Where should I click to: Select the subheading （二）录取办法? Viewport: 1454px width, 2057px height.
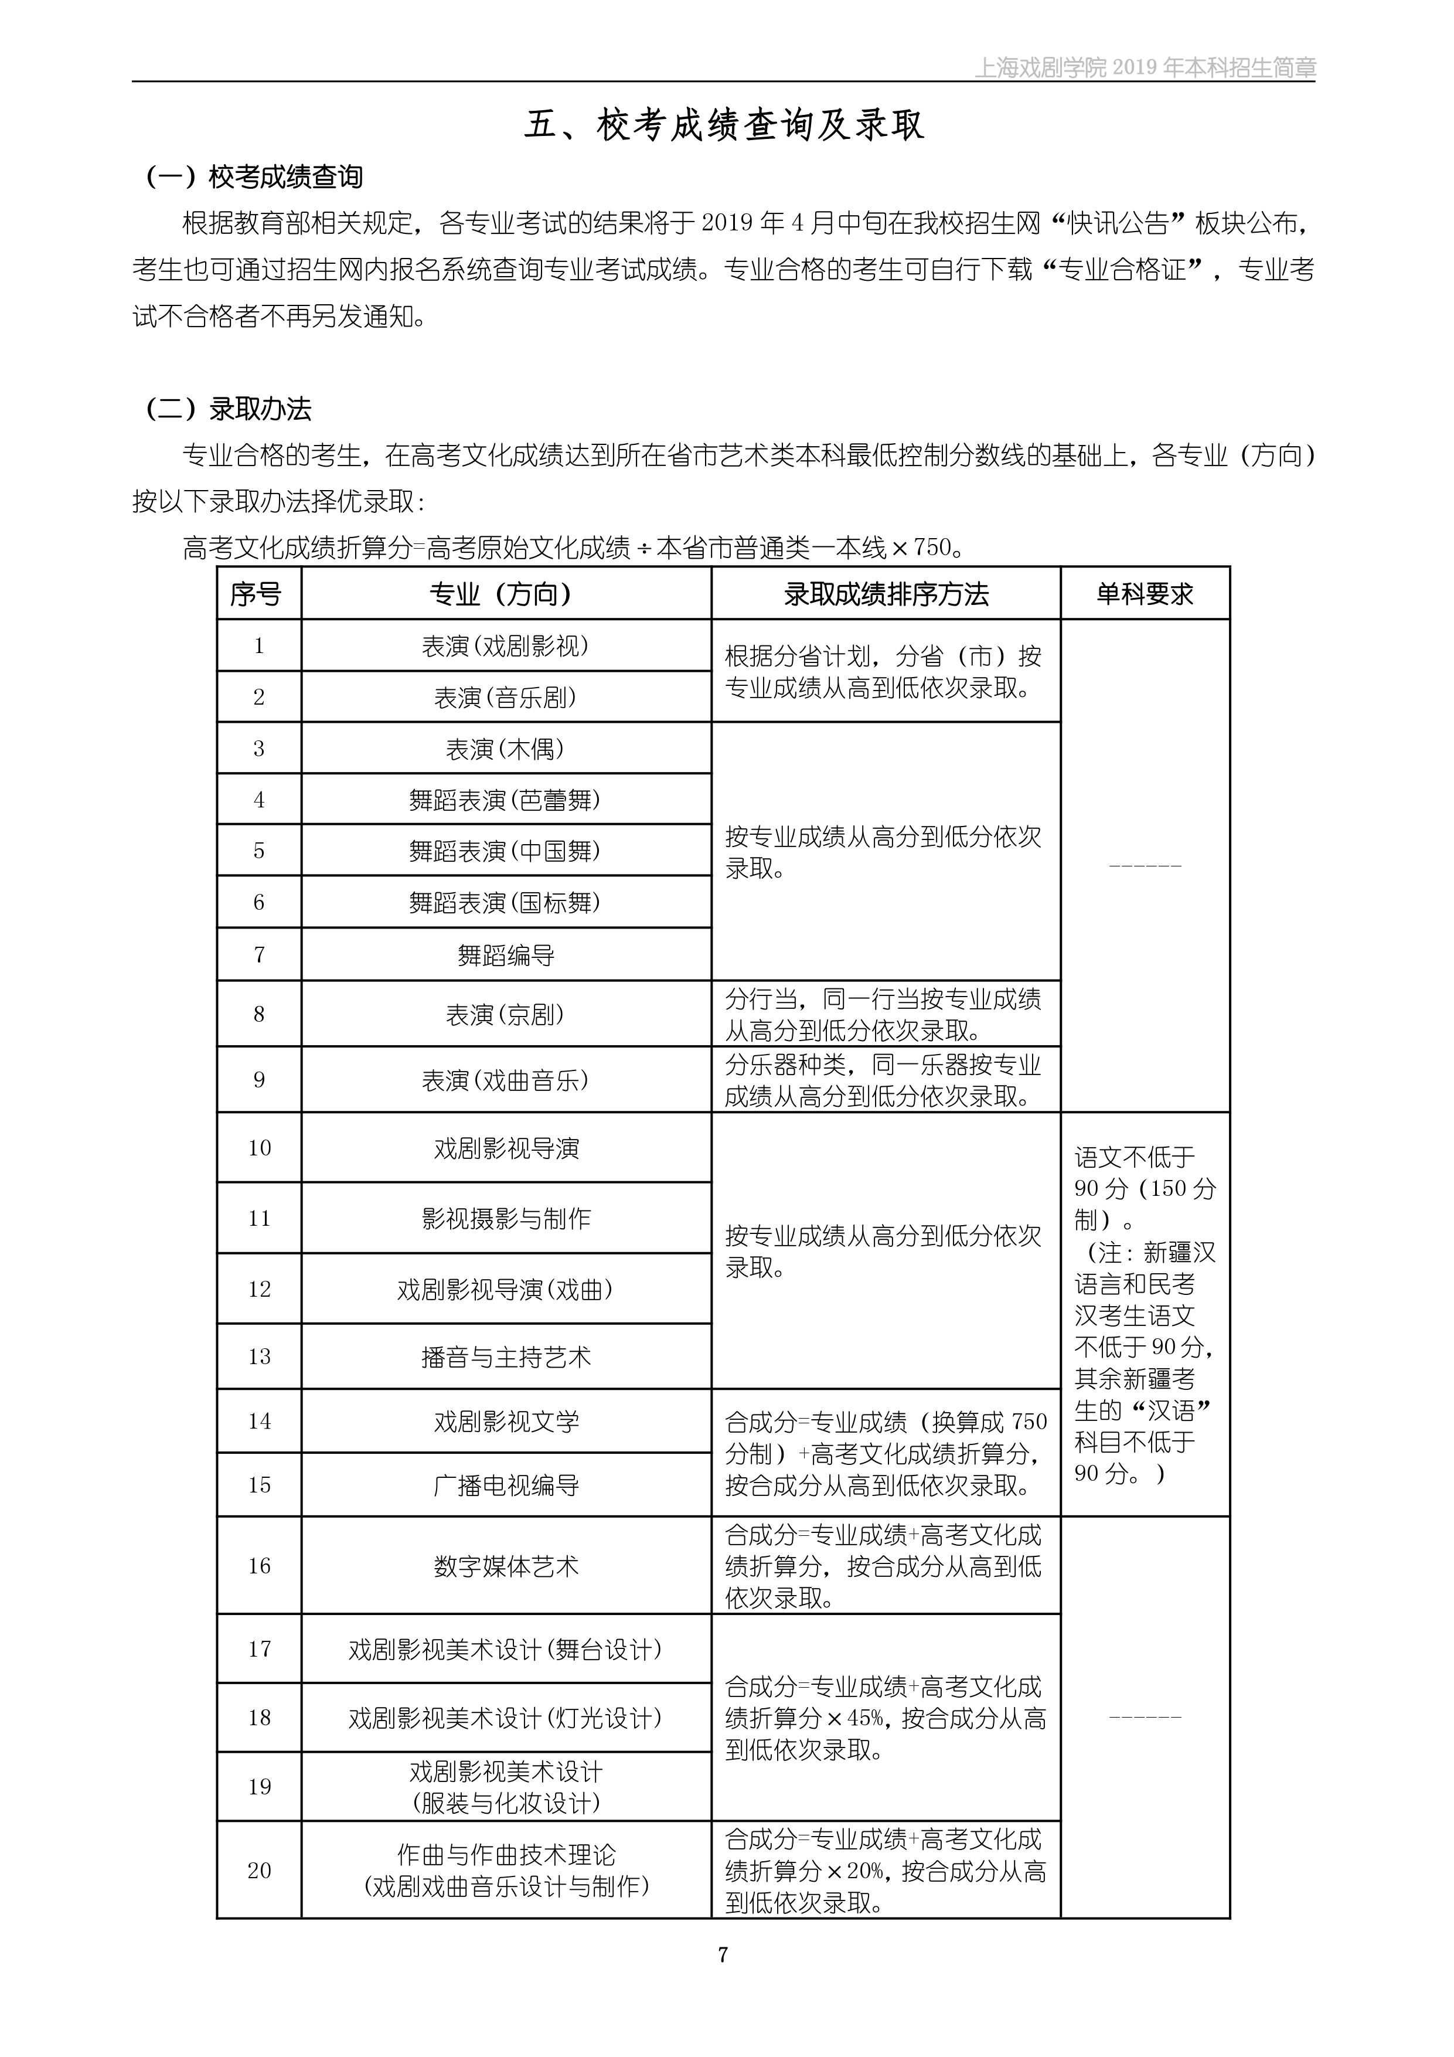229,409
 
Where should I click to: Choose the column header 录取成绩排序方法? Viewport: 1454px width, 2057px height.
885,594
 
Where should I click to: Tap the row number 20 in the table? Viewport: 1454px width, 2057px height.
259,1871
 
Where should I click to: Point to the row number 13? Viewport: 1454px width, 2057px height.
259,1357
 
